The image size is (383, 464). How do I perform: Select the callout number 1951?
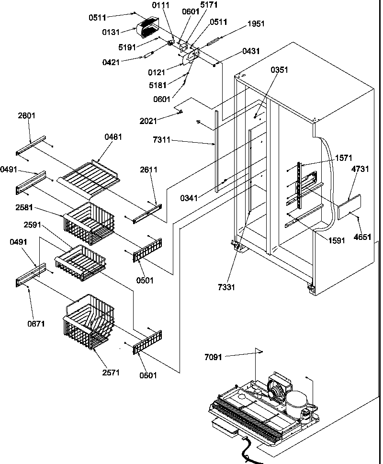[x=256, y=24]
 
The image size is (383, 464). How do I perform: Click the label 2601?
[x=27, y=116]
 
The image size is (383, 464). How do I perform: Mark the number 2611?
[x=148, y=170]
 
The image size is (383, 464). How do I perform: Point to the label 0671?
[x=36, y=324]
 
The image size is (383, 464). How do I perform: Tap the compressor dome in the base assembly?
[x=298, y=398]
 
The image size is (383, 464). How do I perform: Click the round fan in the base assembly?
[x=275, y=390]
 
